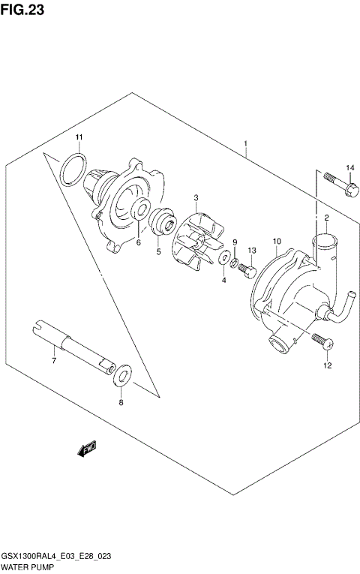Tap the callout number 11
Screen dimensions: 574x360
tap(78, 136)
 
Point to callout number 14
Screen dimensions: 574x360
tap(349, 167)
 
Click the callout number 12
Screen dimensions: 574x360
tap(326, 366)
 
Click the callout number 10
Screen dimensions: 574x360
tap(276, 242)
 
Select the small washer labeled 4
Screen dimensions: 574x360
tap(223, 260)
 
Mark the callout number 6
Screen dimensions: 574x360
tap(139, 242)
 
